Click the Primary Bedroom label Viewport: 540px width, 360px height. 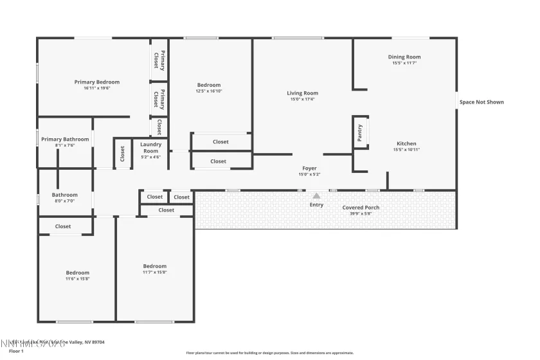[97, 82]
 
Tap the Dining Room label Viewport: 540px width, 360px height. [404, 57]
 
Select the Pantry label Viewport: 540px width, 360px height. [360, 133]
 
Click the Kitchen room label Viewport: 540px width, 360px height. [406, 143]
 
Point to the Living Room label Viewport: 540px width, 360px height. [302, 93]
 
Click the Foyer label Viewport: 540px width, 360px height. [309, 168]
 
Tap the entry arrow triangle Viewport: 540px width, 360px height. [316, 195]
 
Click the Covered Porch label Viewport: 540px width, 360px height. [361, 208]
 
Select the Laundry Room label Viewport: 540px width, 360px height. [150, 148]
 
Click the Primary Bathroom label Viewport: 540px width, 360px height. [65, 139]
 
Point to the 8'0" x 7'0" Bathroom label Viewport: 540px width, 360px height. [64, 195]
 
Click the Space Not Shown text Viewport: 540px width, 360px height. [482, 102]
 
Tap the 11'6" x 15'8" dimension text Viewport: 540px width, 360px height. [77, 278]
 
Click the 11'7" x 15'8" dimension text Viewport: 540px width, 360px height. [154, 272]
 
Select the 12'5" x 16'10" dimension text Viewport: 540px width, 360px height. [209, 91]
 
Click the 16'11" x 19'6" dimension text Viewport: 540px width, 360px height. [97, 88]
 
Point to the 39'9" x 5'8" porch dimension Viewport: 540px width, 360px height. [361, 213]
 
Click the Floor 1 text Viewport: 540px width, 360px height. [16, 351]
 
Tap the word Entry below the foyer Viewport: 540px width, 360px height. [316, 204]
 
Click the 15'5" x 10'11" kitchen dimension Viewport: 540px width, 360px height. [406, 149]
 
